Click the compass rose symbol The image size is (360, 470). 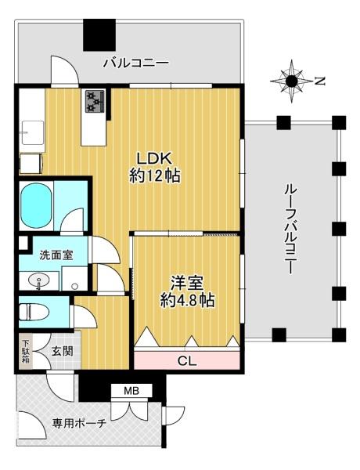pyautogui.click(x=291, y=80)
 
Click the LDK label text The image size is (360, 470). pyautogui.click(x=155, y=156)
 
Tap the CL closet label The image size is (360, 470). pyautogui.click(x=186, y=360)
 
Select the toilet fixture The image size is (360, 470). pyautogui.click(x=33, y=312)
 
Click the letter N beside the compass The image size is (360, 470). pyautogui.click(x=319, y=80)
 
